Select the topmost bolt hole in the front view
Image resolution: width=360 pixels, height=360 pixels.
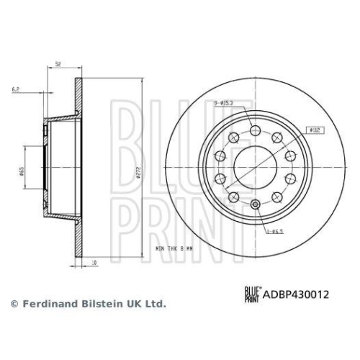[x=256, y=129]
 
